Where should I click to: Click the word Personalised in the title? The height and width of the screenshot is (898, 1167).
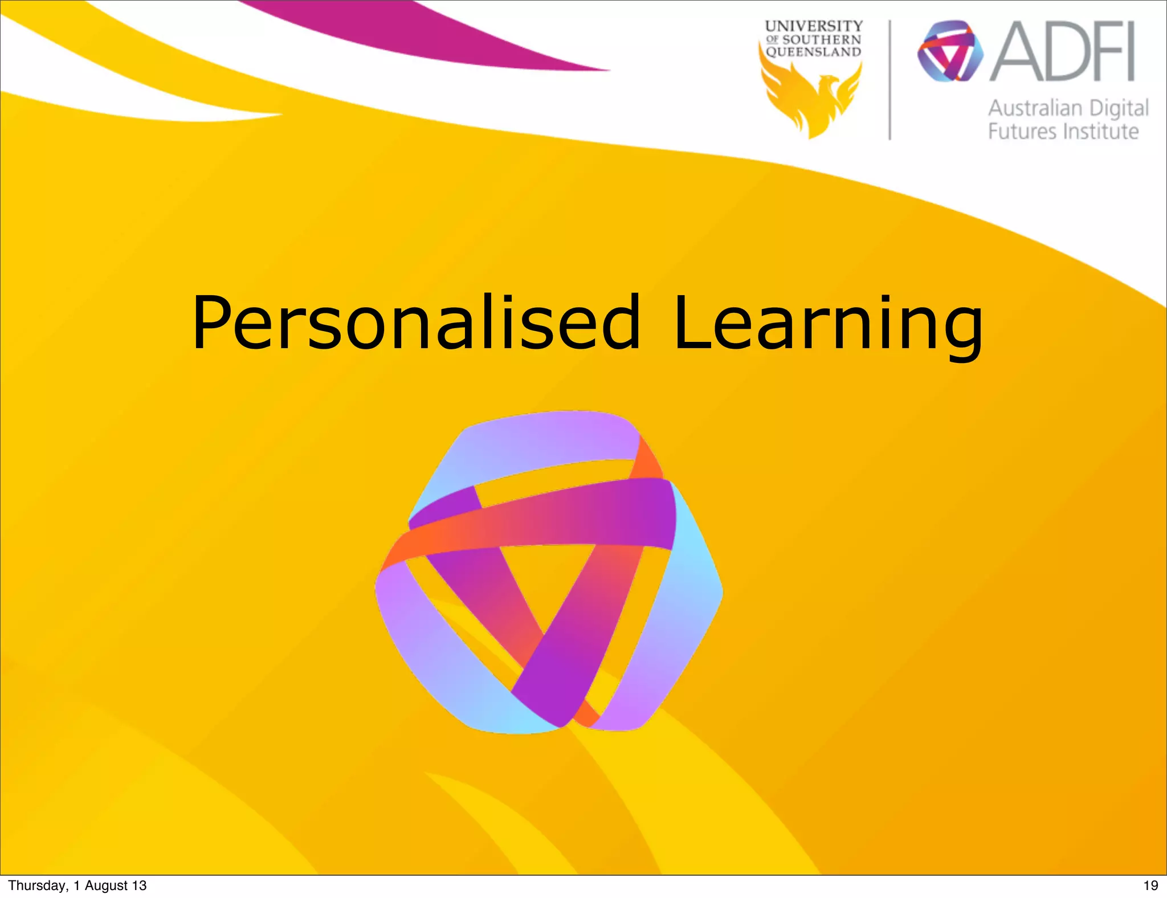tap(416, 323)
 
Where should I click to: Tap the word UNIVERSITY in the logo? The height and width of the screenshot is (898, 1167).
tap(814, 26)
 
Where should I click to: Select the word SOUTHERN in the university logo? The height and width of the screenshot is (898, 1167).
tap(821, 40)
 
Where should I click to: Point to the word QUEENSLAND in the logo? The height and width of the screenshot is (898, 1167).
tap(813, 52)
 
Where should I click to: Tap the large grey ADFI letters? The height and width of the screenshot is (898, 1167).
tap(1063, 52)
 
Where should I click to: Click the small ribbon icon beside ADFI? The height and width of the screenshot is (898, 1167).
tap(950, 51)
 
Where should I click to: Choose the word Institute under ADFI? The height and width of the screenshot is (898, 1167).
tap(1101, 132)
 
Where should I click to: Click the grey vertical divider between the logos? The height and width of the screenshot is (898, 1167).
tap(890, 80)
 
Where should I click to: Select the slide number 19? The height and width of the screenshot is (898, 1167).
tap(1150, 885)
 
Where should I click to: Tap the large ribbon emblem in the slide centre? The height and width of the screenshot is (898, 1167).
tap(548, 570)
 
